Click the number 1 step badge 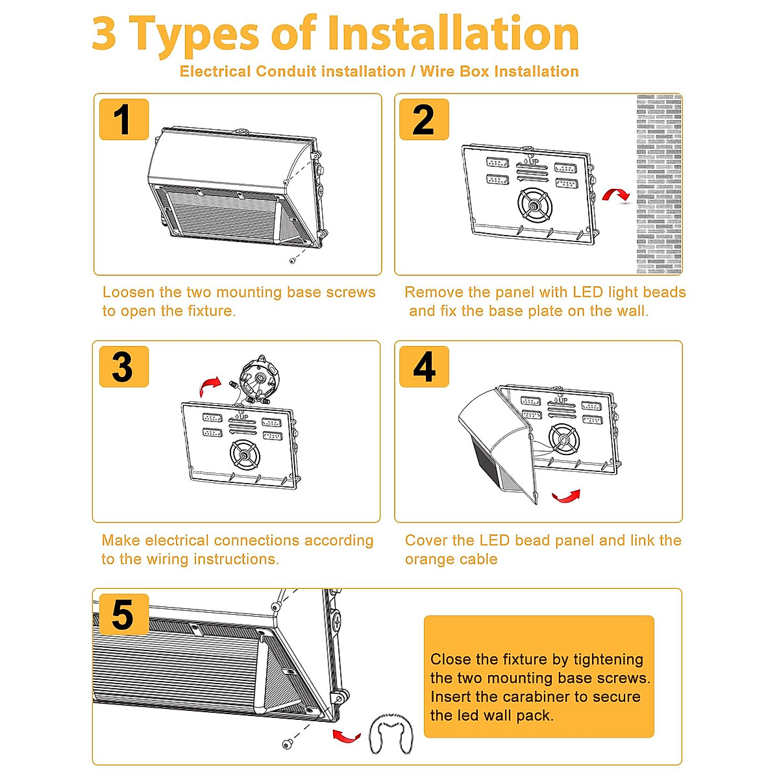click(x=124, y=119)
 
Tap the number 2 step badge click(x=424, y=119)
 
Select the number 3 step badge click(x=124, y=367)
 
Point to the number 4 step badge click(x=424, y=367)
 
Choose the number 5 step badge click(x=124, y=614)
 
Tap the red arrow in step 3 click(x=210, y=385)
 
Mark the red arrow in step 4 click(x=567, y=496)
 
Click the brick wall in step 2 click(x=659, y=184)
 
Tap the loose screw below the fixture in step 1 click(x=292, y=261)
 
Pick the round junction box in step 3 click(x=258, y=378)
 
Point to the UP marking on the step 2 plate click(x=531, y=161)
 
